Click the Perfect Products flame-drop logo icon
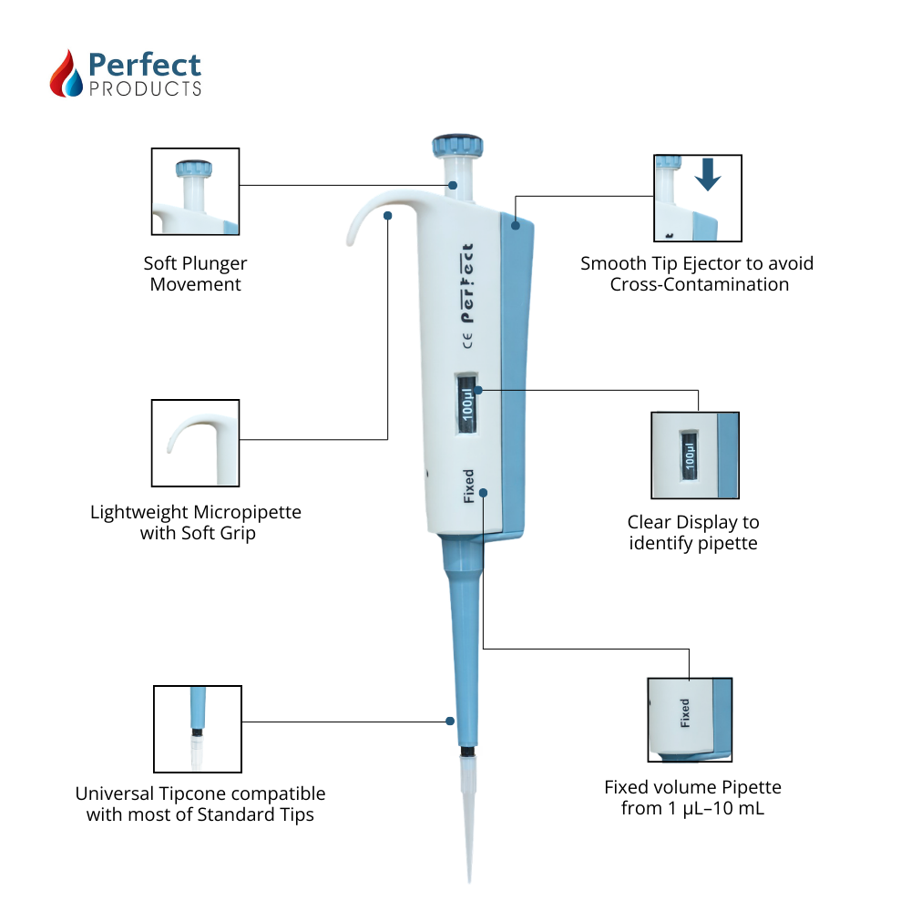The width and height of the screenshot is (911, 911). pyautogui.click(x=67, y=73)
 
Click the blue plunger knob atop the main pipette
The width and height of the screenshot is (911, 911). pyautogui.click(x=456, y=145)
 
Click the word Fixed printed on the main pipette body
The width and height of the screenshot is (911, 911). pyautogui.click(x=468, y=486)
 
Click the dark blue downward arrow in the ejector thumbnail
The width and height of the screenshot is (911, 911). pyautogui.click(x=707, y=175)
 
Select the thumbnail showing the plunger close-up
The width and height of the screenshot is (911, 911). pyautogui.click(x=195, y=192)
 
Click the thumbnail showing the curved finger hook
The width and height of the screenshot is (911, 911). pyautogui.click(x=195, y=443)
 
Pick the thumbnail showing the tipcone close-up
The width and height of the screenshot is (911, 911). pyautogui.click(x=198, y=729)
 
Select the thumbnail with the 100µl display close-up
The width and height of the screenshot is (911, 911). pyautogui.click(x=695, y=455)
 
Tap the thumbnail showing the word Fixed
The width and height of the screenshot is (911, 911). pyautogui.click(x=690, y=720)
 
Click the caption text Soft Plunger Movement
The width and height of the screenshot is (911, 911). pyautogui.click(x=195, y=273)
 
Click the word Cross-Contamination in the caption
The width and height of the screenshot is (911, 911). pyautogui.click(x=699, y=284)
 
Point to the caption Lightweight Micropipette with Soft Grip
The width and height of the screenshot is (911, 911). pyautogui.click(x=196, y=523)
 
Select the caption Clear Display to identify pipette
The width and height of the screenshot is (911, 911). pyautogui.click(x=693, y=533)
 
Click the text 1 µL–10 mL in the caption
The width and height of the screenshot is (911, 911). pyautogui.click(x=720, y=807)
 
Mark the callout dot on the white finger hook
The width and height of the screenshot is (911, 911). pyautogui.click(x=388, y=216)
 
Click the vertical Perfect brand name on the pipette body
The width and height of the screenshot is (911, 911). pyautogui.click(x=467, y=283)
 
